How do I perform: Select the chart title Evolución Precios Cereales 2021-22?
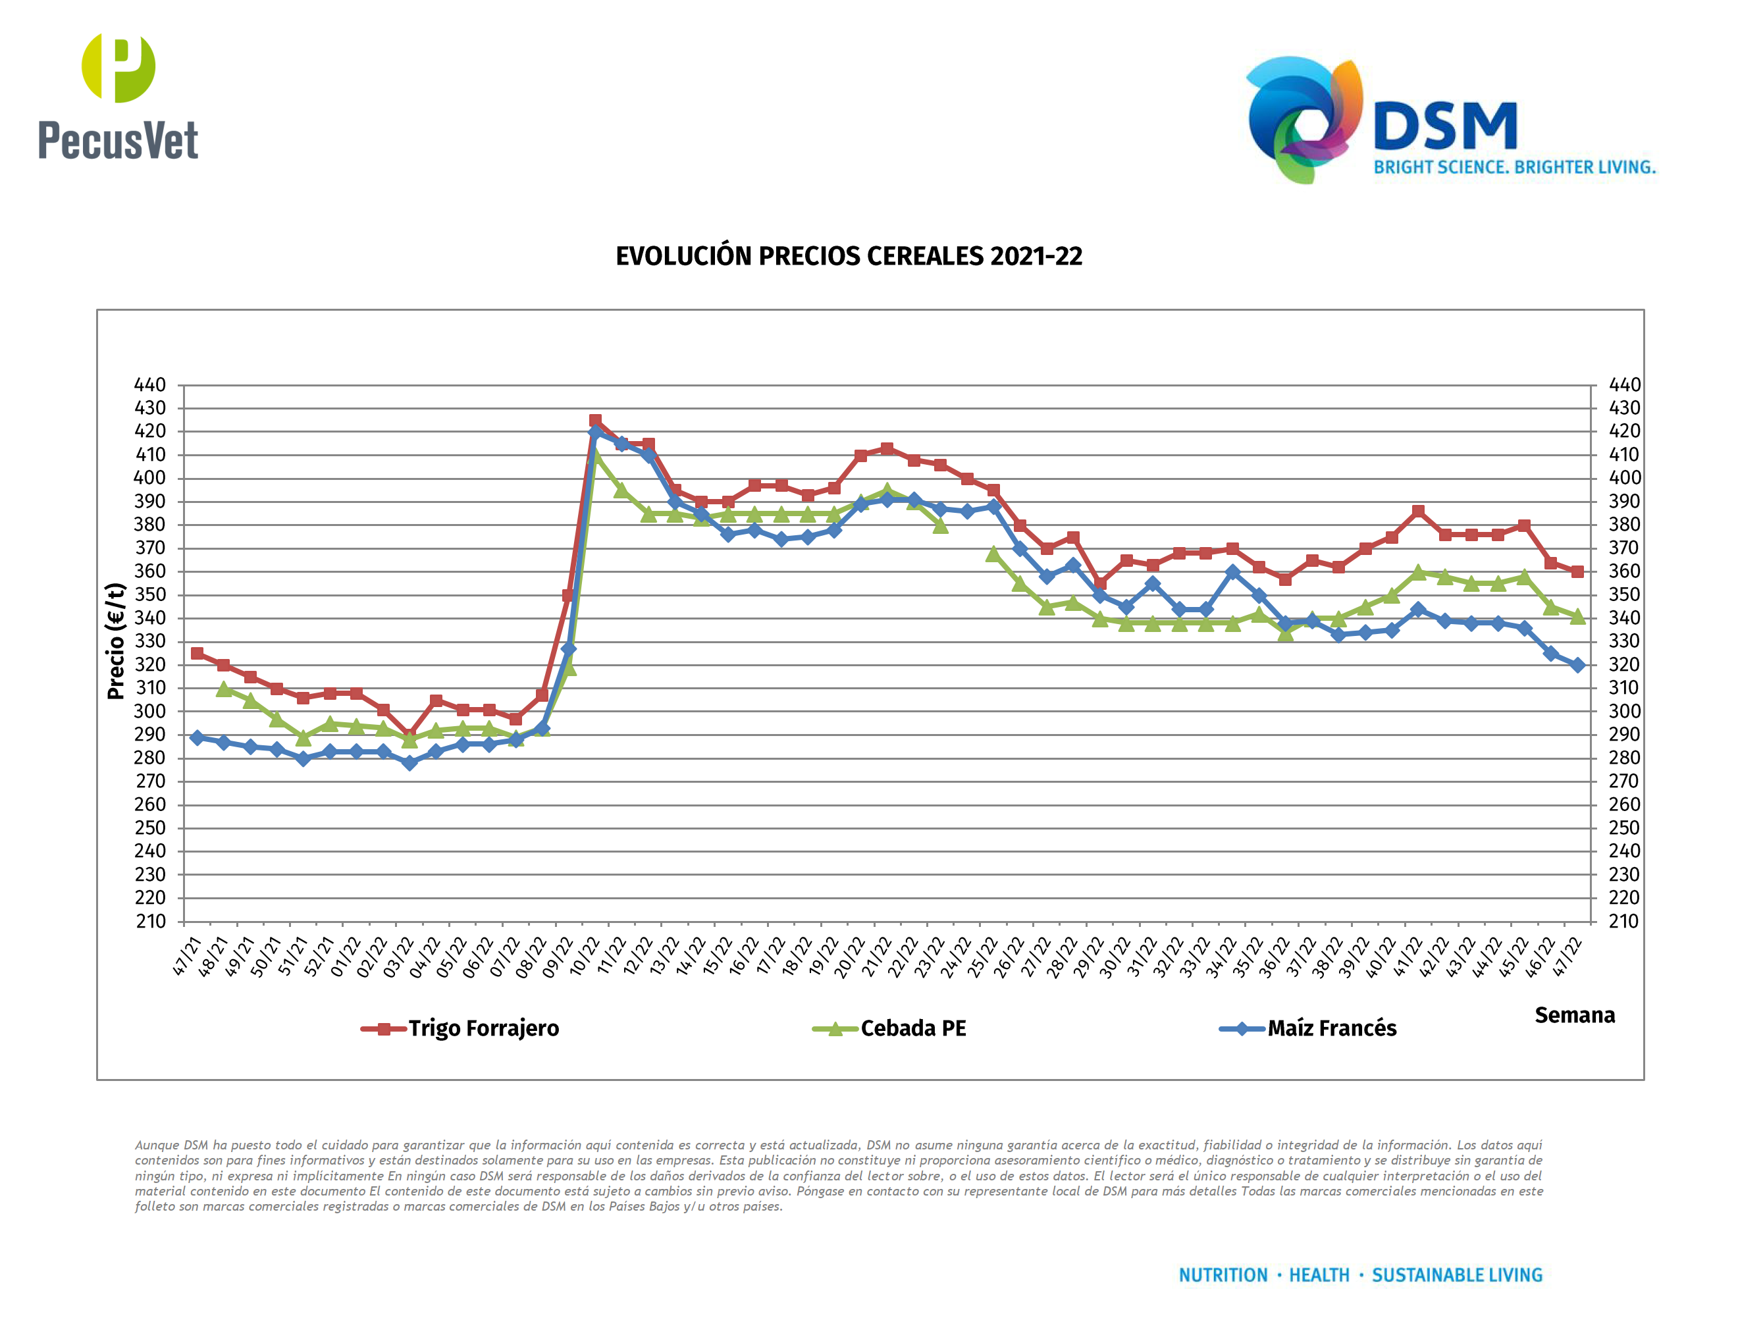tap(849, 256)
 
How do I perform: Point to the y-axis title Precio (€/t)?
tap(116, 641)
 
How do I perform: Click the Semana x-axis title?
tap(1574, 1015)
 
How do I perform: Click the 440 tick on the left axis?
tap(150, 385)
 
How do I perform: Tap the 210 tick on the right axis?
tap(1623, 921)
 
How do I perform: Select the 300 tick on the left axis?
tap(150, 711)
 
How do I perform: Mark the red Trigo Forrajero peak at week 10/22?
tap(595, 420)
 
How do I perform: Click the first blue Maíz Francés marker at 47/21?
tap(197, 737)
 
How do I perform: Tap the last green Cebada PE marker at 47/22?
tap(1577, 617)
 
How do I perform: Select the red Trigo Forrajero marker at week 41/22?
tap(1418, 512)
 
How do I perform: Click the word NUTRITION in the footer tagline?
tap(1223, 1275)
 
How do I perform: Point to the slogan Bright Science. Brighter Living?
tap(1514, 167)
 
